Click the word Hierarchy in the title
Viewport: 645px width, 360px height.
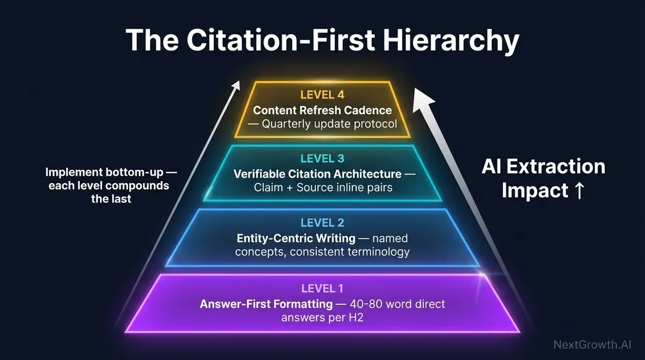click(451, 41)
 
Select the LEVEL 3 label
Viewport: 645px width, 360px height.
click(322, 159)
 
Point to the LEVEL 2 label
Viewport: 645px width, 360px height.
click(322, 223)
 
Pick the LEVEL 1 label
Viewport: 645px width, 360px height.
click(322, 289)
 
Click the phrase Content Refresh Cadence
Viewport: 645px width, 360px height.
click(322, 110)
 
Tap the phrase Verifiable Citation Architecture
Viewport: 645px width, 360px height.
click(317, 174)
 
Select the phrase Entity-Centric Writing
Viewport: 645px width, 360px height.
click(296, 238)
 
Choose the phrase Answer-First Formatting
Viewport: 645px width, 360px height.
click(266, 304)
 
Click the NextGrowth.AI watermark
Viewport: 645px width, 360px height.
click(595, 344)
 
